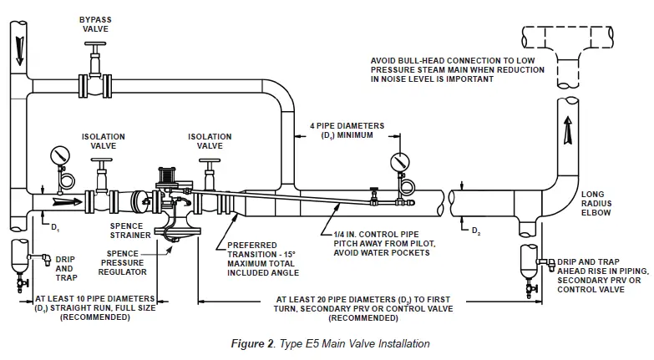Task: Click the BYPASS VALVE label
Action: [x=95, y=23]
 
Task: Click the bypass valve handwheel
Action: [x=95, y=51]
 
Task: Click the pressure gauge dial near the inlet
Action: [x=59, y=156]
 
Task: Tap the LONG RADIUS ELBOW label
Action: [x=598, y=203]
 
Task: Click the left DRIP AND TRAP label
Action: [x=67, y=268]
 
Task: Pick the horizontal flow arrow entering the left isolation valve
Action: [x=65, y=201]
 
